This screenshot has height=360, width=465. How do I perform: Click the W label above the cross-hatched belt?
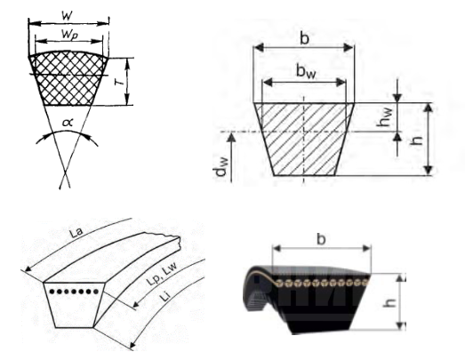coord(67,15)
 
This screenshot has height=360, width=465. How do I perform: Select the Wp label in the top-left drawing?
coord(70,35)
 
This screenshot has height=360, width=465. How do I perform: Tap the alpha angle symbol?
coord(68,122)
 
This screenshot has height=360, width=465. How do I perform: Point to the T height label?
coord(120,82)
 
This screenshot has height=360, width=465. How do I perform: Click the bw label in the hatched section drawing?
coord(306,71)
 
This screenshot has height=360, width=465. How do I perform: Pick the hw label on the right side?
coord(386,116)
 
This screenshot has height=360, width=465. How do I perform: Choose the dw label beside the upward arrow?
coord(221,166)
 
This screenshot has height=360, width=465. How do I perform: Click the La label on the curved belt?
coord(76,232)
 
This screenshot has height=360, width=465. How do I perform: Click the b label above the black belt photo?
coord(321,239)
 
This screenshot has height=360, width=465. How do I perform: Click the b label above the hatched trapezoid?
coord(304,38)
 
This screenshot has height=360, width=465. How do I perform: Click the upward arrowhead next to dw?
coord(231,137)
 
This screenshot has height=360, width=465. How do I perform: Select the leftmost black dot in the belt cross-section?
coord(52,292)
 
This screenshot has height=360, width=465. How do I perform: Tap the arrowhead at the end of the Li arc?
coord(132,345)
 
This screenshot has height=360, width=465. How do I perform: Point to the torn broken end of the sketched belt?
coord(176,240)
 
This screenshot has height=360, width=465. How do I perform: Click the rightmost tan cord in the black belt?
coord(365,283)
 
